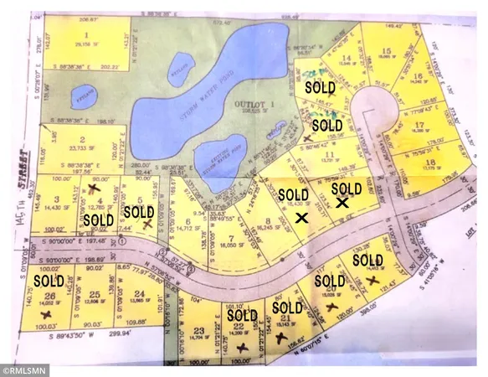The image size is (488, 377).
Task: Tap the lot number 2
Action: (x=82, y=139)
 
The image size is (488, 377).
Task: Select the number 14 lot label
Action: (x=346, y=58)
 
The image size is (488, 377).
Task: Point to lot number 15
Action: (x=385, y=51)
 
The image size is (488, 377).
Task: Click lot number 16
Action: (x=417, y=76)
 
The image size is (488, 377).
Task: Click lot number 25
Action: (x=95, y=294)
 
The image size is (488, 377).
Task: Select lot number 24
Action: (x=139, y=293)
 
